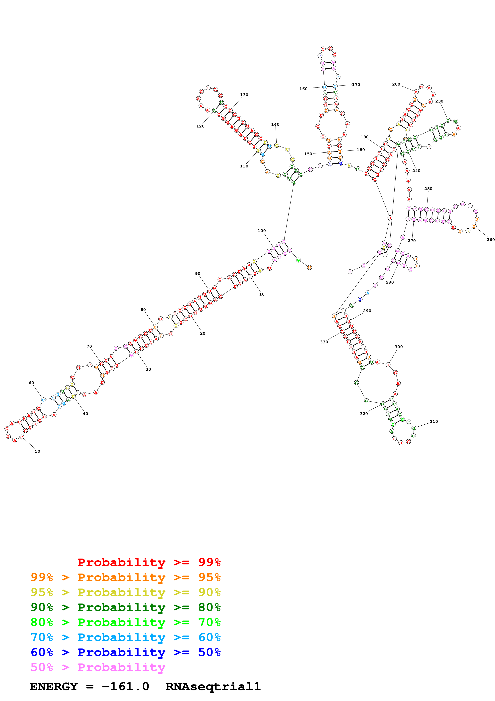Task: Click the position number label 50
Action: [x=38, y=451]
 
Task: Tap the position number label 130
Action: [x=244, y=95]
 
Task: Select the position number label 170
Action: [x=356, y=85]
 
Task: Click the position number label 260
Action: [x=490, y=240]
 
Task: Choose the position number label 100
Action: [x=262, y=231]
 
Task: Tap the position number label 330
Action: [x=324, y=342]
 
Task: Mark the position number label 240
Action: [x=416, y=171]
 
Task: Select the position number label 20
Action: [x=202, y=333]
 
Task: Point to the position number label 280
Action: [x=390, y=282]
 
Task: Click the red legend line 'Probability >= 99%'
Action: [x=149, y=562]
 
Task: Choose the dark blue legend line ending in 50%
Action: [x=125, y=652]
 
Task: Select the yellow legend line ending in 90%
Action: [x=125, y=592]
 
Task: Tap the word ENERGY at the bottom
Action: [x=54, y=686]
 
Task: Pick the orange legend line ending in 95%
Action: [x=125, y=577]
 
